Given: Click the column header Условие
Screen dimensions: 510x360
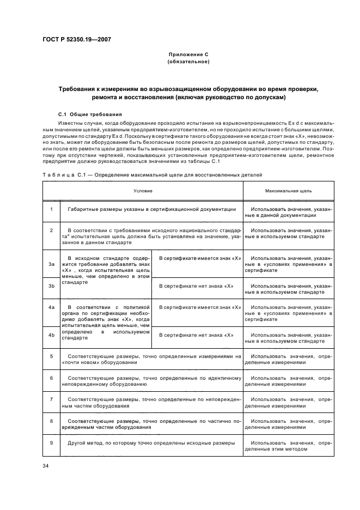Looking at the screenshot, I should click(x=143, y=191).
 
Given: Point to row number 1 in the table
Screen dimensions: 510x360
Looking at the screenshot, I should click(x=51, y=209).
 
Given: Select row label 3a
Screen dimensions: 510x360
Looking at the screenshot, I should click(x=51, y=264).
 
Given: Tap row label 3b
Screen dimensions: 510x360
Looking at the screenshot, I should click(x=51, y=286).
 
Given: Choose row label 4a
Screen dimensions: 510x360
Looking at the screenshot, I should click(x=51, y=307).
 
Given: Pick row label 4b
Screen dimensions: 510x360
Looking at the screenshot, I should click(x=51, y=335).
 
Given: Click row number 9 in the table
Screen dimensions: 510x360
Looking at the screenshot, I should click(x=51, y=442).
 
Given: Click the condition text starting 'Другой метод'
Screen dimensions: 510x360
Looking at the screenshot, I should click(x=151, y=442).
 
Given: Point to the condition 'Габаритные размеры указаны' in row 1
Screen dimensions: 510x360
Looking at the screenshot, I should click(x=151, y=209).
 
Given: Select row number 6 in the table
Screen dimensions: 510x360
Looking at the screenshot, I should click(x=51, y=378).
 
